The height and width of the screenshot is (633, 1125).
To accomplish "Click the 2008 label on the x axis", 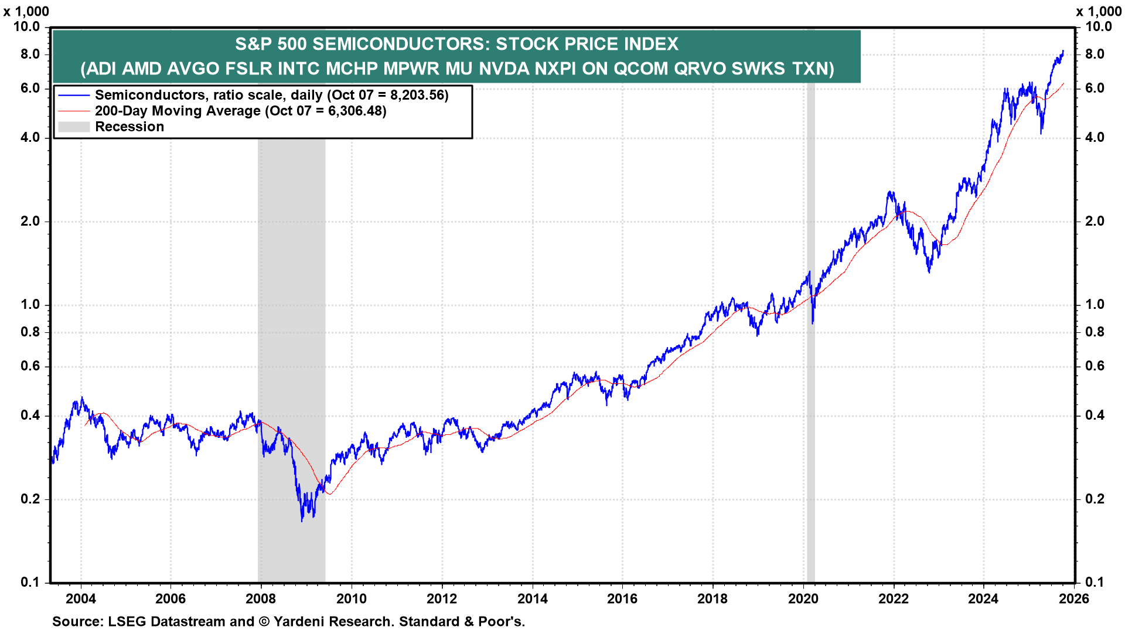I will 261,598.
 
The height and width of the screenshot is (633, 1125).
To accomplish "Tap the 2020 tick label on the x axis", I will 803,598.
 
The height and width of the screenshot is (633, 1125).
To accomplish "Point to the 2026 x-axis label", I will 1074,598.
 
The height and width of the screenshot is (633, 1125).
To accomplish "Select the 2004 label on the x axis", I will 81,598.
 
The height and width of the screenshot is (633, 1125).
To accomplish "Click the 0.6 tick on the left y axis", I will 30,366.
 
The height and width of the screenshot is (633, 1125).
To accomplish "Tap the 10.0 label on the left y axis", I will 26,27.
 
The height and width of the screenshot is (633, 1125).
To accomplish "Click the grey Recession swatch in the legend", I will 74,127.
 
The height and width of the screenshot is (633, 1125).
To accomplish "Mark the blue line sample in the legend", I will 74,95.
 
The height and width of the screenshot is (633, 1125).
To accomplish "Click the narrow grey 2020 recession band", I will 811,410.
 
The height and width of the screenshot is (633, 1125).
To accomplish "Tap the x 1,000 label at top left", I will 26,11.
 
